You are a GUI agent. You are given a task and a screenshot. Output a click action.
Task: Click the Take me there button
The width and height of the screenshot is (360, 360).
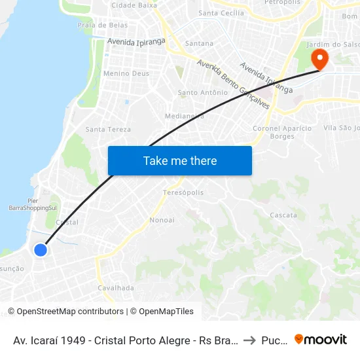180,160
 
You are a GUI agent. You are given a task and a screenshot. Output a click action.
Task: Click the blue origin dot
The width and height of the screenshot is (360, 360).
41,249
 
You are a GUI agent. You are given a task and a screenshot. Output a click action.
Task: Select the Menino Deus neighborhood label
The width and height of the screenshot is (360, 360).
126,74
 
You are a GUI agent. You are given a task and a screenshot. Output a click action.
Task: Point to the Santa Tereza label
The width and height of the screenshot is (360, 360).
108,130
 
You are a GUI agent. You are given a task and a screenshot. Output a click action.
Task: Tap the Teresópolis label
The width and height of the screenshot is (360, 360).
183,192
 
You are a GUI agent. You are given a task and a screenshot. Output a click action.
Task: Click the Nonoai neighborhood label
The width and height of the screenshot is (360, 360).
162,220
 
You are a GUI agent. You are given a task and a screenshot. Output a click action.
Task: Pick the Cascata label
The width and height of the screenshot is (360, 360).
283,215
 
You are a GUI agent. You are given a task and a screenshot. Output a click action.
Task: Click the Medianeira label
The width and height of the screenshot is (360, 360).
185,116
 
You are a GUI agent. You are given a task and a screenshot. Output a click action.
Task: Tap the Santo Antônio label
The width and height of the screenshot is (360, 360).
203,92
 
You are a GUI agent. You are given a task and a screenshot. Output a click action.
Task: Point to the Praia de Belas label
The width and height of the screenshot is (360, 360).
103,24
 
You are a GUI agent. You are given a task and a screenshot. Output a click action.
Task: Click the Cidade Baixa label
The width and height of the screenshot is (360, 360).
134,5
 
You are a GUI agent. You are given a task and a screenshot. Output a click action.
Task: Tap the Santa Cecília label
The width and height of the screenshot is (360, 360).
221,12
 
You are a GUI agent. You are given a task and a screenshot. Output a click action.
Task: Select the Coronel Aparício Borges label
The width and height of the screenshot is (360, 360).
283,132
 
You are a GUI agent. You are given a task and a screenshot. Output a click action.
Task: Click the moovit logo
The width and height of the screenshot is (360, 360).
321,339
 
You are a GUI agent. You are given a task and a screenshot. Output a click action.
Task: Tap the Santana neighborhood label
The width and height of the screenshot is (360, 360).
200,43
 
